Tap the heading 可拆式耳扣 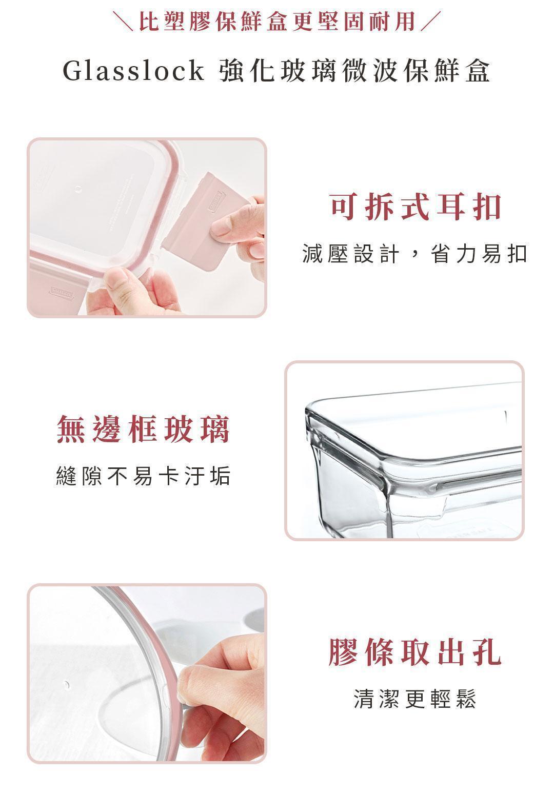click(x=415, y=207)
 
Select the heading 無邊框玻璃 click(x=143, y=429)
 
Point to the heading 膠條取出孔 click(x=415, y=652)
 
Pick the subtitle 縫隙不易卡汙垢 click(x=143, y=475)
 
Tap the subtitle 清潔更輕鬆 click(x=415, y=699)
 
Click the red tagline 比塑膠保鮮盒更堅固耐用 click(x=277, y=22)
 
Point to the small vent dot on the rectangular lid click(x=78, y=189)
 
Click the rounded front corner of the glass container click(x=387, y=467)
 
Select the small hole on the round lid click(x=66, y=684)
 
